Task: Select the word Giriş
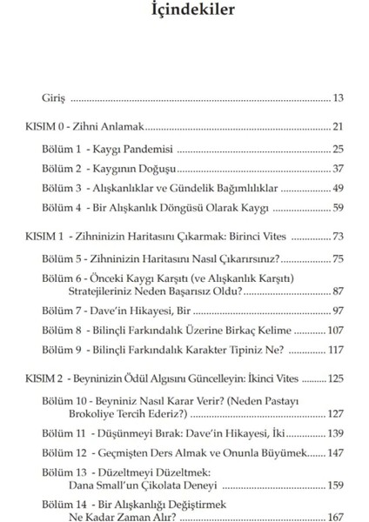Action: coord(53,100)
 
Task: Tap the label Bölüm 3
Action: coord(65,188)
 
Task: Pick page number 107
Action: coord(334,331)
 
